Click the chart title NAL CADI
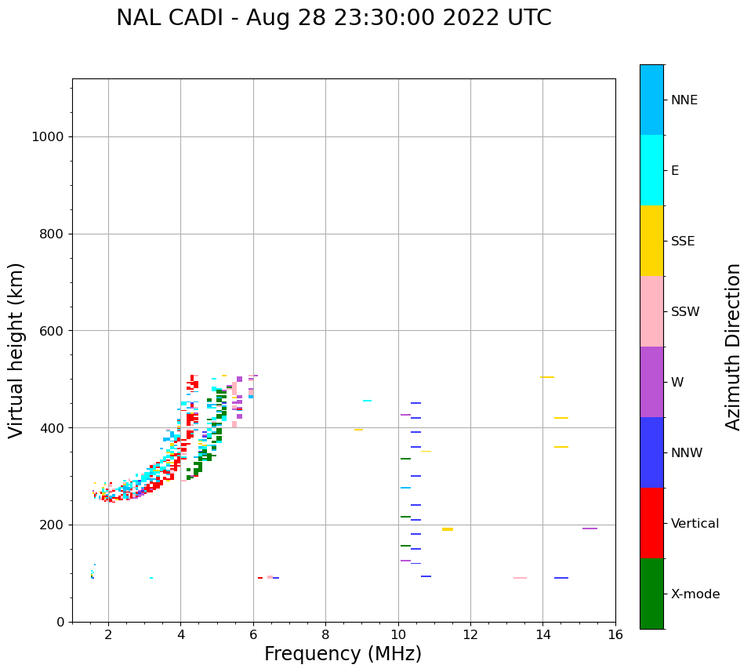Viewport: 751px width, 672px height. coord(333,18)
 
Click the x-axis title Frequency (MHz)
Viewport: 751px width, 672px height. coord(343,654)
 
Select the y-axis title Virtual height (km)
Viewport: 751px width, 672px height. coord(16,350)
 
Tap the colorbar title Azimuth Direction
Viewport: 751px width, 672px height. coord(733,347)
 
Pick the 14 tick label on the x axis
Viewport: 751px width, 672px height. coord(542,634)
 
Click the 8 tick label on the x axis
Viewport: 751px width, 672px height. coord(325,634)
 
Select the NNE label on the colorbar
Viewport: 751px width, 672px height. coord(684,100)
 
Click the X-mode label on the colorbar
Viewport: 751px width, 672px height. coord(695,594)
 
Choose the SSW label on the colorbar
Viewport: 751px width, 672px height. coord(685,312)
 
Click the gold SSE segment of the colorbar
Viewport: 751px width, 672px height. coord(651,241)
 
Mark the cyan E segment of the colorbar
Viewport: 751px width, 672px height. coord(651,170)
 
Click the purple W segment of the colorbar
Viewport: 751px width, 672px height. coord(651,382)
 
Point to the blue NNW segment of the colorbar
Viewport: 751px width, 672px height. coord(651,452)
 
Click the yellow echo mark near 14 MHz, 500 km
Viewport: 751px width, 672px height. coord(547,377)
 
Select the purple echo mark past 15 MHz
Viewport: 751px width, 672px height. coord(590,529)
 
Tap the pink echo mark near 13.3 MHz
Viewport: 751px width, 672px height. coord(520,578)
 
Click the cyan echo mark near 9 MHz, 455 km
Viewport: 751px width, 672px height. coord(367,401)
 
